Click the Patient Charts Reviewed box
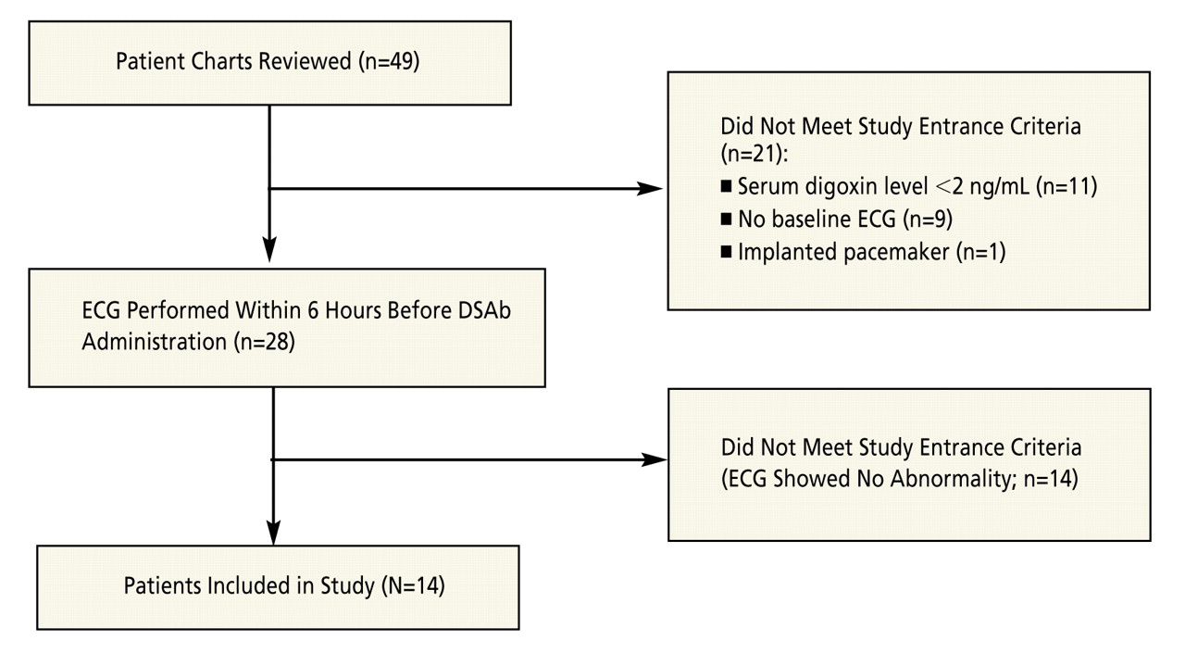coord(269,63)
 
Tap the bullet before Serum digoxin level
coord(726,188)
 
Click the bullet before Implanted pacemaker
coord(726,252)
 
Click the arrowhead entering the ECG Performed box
coord(269,249)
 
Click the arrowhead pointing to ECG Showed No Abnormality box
coord(655,459)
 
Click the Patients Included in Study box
coord(278,586)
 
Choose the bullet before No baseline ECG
coord(726,220)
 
